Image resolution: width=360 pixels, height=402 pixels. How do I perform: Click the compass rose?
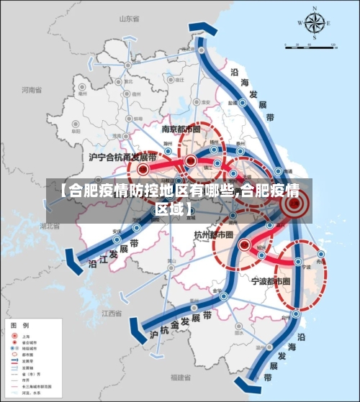[314, 24]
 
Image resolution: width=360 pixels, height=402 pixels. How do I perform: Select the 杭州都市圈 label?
[214, 234]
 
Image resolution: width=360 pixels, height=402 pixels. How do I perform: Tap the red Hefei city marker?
[143, 170]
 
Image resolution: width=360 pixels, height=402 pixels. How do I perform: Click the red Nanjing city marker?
[190, 160]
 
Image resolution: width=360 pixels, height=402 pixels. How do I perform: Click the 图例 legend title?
[19, 326]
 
